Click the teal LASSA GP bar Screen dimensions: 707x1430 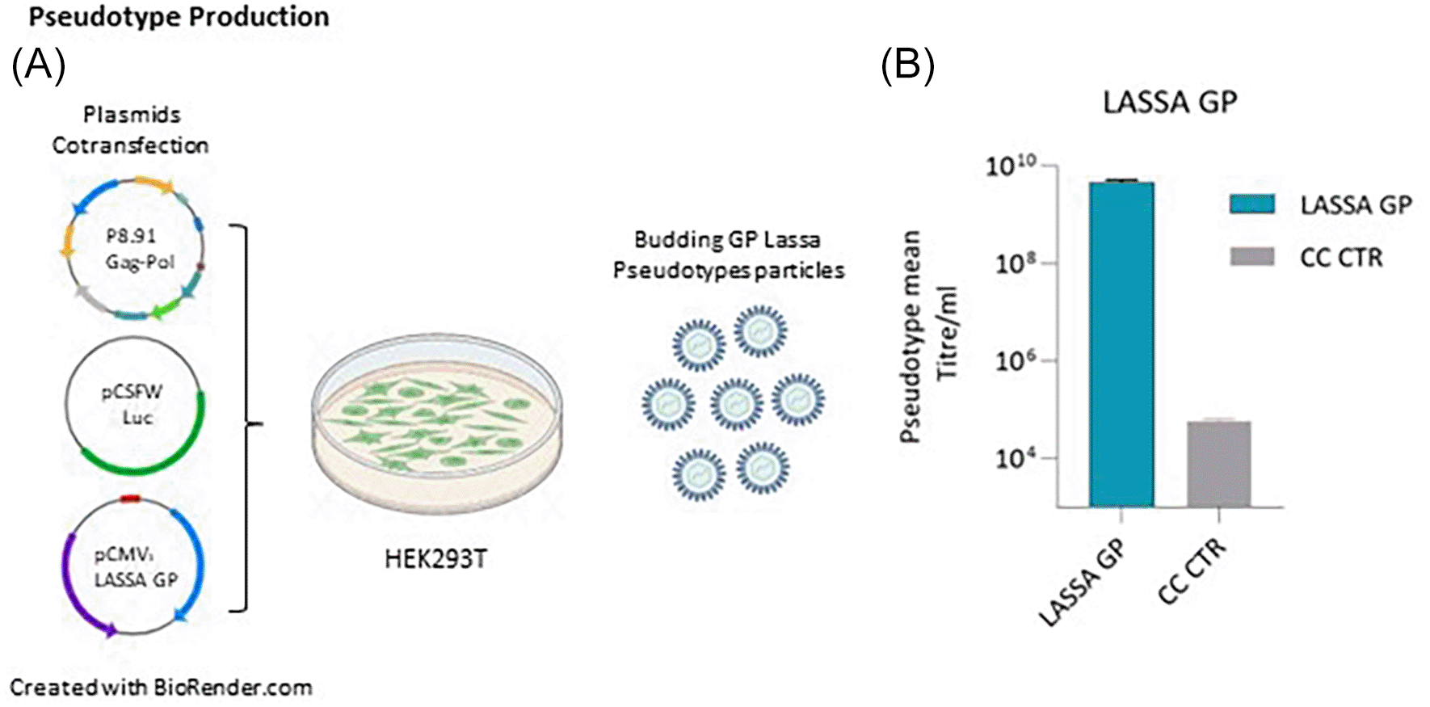(1121, 343)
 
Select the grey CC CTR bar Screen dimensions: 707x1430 (1218, 464)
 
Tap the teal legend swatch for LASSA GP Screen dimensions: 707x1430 (1252, 204)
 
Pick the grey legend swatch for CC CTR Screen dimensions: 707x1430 (1252, 257)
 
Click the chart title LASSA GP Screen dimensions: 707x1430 (1170, 103)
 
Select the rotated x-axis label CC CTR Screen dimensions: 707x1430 (1192, 571)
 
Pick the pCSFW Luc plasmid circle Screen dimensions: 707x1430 (134, 404)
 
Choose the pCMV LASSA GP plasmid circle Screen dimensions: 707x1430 (134, 566)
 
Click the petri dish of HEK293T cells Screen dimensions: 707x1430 (436, 420)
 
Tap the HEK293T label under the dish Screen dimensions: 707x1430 (436, 559)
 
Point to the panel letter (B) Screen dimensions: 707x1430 (906, 65)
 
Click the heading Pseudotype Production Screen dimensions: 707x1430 (179, 17)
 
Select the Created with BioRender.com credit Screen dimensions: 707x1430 (161, 688)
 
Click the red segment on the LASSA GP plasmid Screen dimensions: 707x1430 (130, 499)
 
